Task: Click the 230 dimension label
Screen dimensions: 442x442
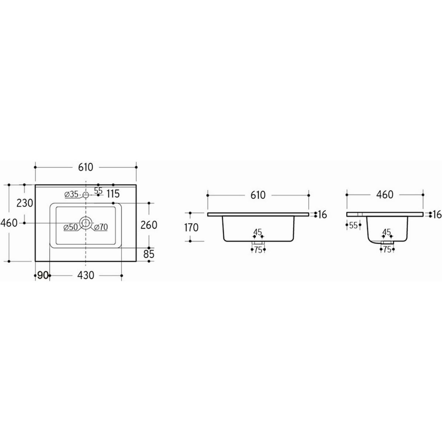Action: tap(25, 203)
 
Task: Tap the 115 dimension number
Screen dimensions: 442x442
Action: tap(113, 194)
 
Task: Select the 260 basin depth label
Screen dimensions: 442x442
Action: tap(149, 225)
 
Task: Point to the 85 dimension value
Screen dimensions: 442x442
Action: tap(149, 254)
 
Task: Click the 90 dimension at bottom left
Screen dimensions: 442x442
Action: tap(42, 275)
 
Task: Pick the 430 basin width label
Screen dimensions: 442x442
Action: tap(85, 275)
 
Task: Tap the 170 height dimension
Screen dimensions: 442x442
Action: tap(191, 228)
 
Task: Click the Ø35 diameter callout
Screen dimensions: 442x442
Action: tap(71, 194)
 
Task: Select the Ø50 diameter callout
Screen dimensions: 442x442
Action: tap(71, 227)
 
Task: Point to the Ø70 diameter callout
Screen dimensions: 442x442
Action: tap(101, 227)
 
